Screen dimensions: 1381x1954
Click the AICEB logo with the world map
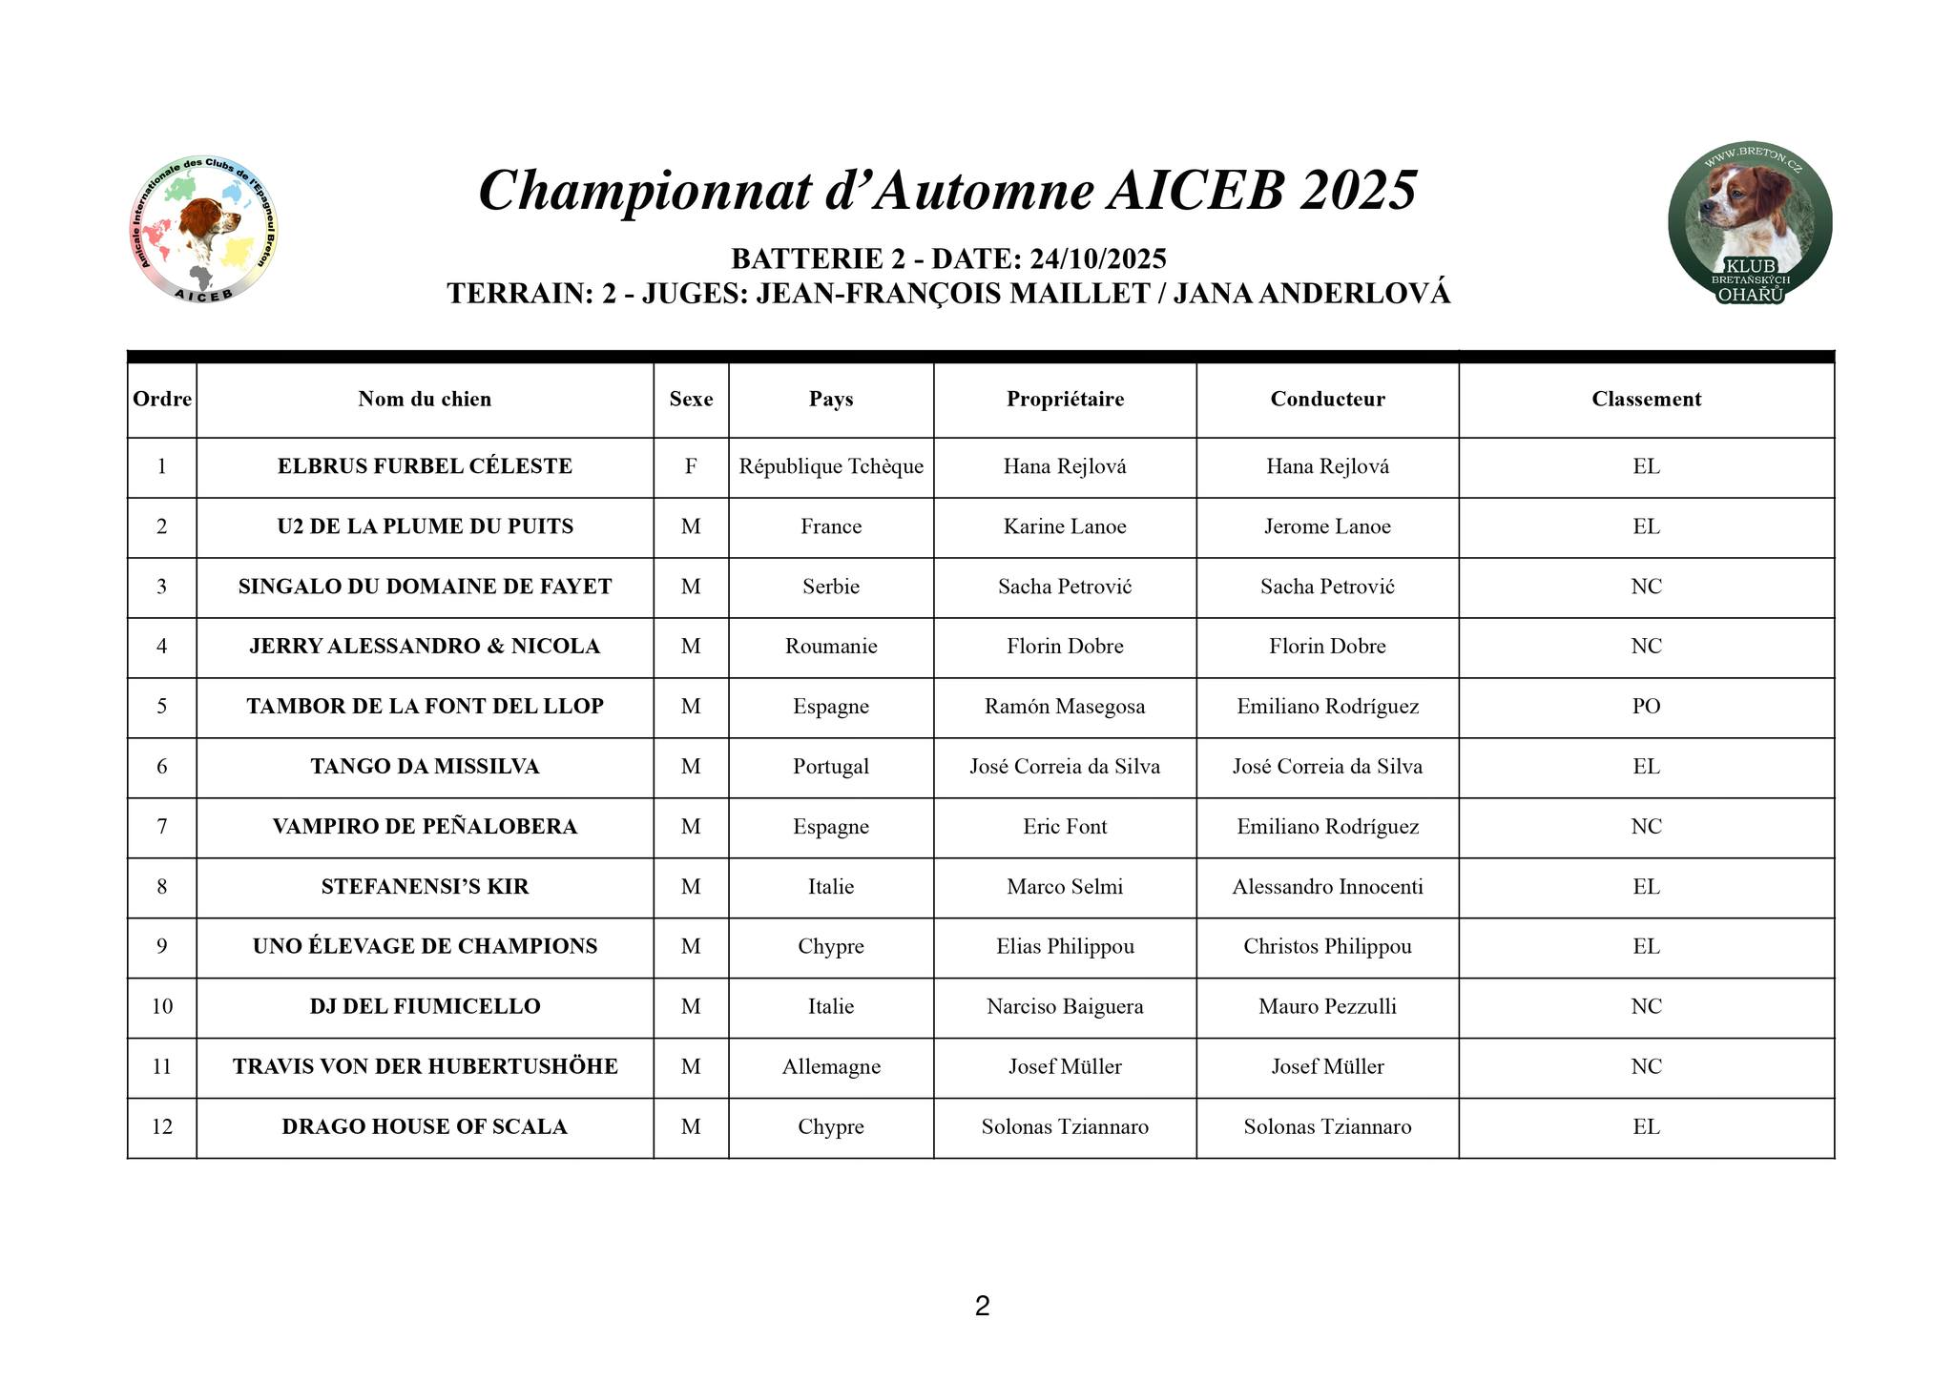coord(202,229)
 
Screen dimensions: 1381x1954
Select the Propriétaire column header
coord(1065,400)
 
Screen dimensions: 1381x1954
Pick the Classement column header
coord(1646,400)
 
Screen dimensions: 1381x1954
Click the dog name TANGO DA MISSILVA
coord(425,767)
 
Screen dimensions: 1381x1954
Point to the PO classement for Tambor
coord(1646,707)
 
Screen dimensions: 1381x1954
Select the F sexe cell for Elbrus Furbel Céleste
coord(691,466)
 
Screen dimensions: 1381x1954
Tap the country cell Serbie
coord(830,587)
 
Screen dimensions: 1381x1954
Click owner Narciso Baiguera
coord(1065,1007)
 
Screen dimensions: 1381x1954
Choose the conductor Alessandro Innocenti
coord(1327,887)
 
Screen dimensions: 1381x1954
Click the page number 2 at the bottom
coord(982,1306)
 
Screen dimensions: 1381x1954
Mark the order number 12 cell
coord(162,1127)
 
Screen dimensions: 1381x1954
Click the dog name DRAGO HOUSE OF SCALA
coord(425,1127)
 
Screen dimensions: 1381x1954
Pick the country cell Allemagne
coord(830,1067)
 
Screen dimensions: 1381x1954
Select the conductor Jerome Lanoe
coord(1327,526)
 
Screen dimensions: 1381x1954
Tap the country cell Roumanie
coord(830,647)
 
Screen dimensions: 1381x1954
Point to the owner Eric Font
coord(1065,827)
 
